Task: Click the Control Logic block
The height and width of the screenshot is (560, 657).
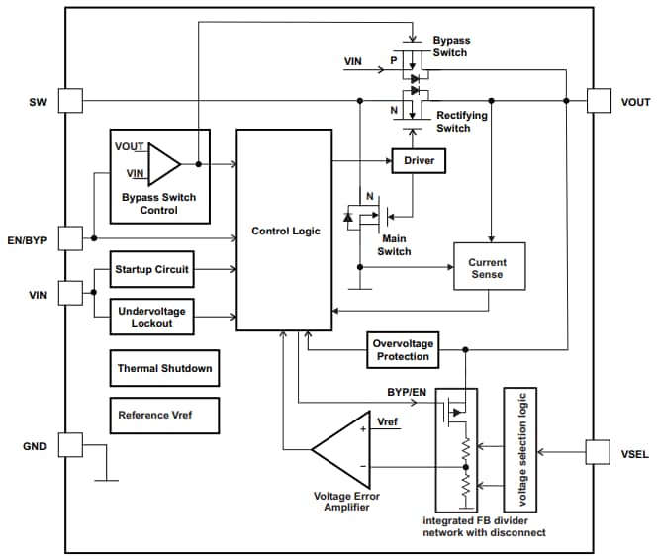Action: click(x=285, y=230)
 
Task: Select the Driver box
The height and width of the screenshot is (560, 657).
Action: click(x=419, y=160)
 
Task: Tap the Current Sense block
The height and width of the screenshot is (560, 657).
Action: click(x=489, y=268)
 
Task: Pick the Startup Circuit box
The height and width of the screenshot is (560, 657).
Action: click(x=150, y=269)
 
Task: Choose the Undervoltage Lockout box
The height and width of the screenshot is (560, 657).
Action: click(x=150, y=317)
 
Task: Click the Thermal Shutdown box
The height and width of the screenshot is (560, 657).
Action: click(x=164, y=368)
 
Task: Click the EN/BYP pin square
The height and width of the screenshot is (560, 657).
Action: click(x=68, y=238)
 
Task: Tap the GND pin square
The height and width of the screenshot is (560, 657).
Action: click(x=68, y=445)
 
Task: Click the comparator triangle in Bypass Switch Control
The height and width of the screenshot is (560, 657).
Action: click(x=163, y=164)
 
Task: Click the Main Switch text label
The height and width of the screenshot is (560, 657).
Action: click(x=394, y=244)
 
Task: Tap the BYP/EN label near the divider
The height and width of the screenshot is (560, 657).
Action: click(x=407, y=391)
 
